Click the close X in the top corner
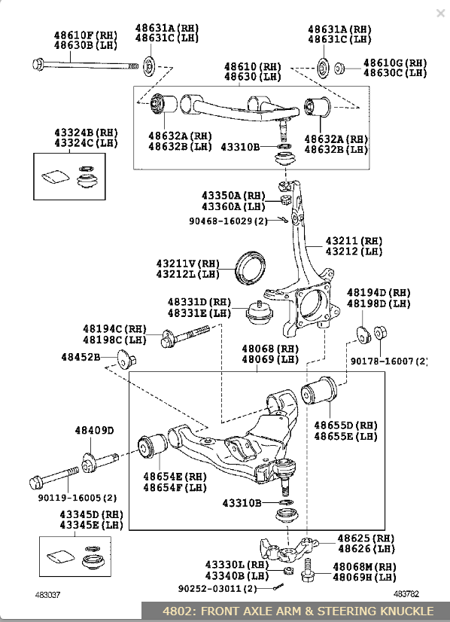click(440, 13)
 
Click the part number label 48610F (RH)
click(86, 35)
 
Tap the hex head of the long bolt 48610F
click(38, 64)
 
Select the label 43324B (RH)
click(86, 132)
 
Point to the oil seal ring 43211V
click(250, 267)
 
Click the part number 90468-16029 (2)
click(228, 221)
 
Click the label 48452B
click(81, 357)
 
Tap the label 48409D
click(94, 431)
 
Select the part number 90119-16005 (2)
click(78, 498)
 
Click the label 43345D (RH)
click(92, 514)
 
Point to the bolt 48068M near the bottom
click(307, 571)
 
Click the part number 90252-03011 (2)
click(217, 589)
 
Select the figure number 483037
click(47, 595)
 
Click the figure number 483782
click(406, 594)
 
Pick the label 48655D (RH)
click(345, 425)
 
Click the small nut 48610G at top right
click(339, 69)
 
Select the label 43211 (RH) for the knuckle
click(354, 241)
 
